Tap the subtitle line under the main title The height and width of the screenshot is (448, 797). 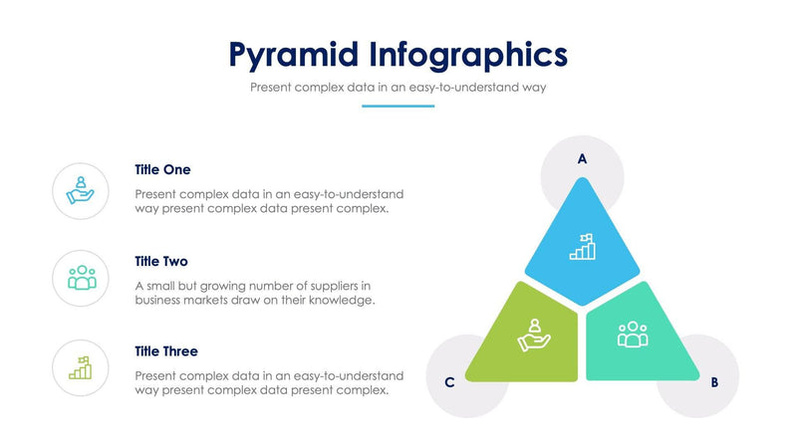point(398,88)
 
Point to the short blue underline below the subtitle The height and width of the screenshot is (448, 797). point(398,106)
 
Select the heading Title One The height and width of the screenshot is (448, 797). point(162,170)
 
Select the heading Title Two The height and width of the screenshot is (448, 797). point(161,262)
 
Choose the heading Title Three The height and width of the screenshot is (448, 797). point(166,351)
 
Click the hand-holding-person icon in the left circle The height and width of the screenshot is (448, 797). point(81,190)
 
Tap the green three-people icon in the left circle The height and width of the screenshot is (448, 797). point(81,278)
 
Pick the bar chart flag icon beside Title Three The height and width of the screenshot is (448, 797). point(81,367)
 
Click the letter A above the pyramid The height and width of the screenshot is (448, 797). point(583,158)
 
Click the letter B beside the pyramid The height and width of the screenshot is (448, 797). point(714,381)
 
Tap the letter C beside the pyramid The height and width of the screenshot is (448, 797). point(450,381)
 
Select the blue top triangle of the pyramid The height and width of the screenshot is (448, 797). point(583,244)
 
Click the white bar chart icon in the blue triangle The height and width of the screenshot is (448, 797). point(582,247)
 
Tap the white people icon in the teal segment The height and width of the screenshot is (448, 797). point(633,335)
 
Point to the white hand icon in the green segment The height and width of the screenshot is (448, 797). point(534,335)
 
